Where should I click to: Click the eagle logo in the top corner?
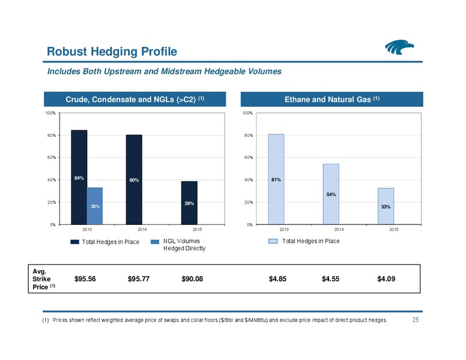pos(399,47)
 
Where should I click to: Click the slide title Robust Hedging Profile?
pos(112,52)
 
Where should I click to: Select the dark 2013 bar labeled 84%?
pos(79,178)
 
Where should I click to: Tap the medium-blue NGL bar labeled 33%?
pos(95,206)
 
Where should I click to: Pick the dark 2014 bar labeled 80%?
pos(134,180)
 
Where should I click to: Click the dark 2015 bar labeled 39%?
pos(189,203)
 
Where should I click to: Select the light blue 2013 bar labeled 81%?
pos(276,179)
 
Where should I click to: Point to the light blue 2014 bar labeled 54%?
pos(331,194)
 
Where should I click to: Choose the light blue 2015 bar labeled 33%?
pos(386,206)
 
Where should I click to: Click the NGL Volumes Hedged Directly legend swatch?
pos(155,242)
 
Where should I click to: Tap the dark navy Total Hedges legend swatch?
pos(74,242)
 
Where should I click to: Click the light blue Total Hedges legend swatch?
pos(273,241)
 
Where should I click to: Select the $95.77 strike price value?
pos(139,279)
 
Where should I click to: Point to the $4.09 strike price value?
pos(386,279)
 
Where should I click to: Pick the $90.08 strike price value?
pos(192,279)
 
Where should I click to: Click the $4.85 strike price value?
pos(277,279)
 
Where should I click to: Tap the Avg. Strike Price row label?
pos(44,279)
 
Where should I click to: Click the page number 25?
pos(416,320)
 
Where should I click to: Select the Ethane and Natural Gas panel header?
pos(332,99)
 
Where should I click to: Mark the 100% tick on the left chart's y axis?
pos(50,113)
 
